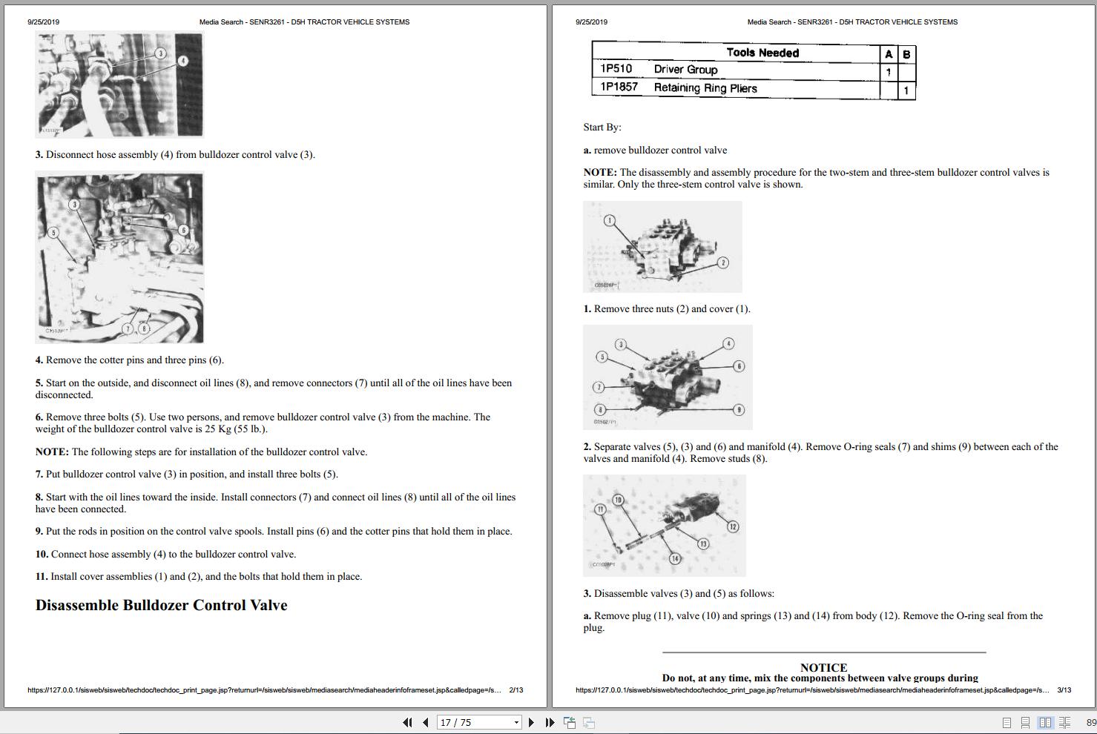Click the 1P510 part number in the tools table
pyautogui.click(x=616, y=69)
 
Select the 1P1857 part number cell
pyautogui.click(x=619, y=87)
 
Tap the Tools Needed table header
pyautogui.click(x=762, y=53)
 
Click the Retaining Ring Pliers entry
pyautogui.click(x=705, y=88)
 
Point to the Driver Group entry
pyautogui.click(x=685, y=70)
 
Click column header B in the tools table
pyautogui.click(x=906, y=54)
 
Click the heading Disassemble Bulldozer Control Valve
pyautogui.click(x=161, y=605)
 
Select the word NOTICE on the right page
pyautogui.click(x=823, y=667)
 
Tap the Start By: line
pyautogui.click(x=602, y=127)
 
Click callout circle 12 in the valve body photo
pyautogui.click(x=733, y=526)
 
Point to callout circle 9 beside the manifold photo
pyautogui.click(x=739, y=410)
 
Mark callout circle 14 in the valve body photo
pyautogui.click(x=675, y=558)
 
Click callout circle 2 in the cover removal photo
pyautogui.click(x=723, y=262)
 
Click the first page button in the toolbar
pyautogui.click(x=407, y=722)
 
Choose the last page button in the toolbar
pyautogui.click(x=550, y=722)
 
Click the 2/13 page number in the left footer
pyautogui.click(x=515, y=690)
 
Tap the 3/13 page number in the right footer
pyautogui.click(x=1064, y=690)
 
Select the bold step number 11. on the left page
pyautogui.click(x=42, y=577)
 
